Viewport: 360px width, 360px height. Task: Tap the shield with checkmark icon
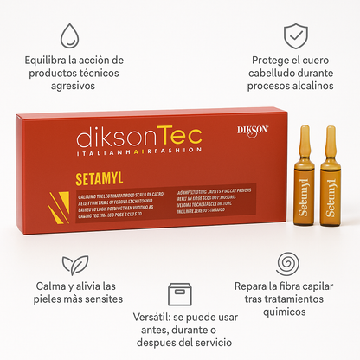pos(296,36)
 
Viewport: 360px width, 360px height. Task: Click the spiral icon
pos(288,263)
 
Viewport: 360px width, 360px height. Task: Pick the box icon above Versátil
pos(180,294)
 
